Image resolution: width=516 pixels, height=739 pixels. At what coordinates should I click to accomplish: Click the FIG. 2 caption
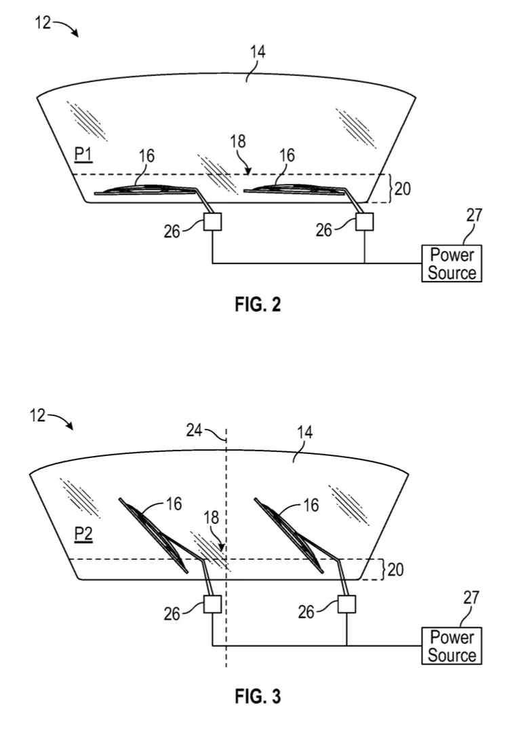[x=258, y=305]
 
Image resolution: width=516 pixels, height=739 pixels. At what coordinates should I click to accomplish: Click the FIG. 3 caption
[x=258, y=696]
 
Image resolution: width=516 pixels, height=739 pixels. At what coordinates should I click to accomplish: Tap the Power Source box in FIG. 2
[x=452, y=263]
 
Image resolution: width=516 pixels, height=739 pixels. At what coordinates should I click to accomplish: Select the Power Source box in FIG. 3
[x=452, y=646]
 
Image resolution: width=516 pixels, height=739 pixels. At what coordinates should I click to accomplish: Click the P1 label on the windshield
[x=83, y=154]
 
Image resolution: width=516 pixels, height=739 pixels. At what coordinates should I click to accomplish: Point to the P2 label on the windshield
[x=83, y=534]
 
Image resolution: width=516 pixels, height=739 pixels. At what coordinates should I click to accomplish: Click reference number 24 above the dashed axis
[x=194, y=430]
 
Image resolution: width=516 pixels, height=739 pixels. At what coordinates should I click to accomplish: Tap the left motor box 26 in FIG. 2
[x=212, y=221]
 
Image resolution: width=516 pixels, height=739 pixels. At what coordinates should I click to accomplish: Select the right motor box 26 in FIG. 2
[x=364, y=221]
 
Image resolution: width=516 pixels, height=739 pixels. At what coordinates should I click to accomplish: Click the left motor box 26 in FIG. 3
[x=212, y=604]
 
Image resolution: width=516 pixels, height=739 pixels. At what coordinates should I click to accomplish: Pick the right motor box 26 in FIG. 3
[x=346, y=604]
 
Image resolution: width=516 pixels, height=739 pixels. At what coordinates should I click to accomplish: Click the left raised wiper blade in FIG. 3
[x=153, y=535]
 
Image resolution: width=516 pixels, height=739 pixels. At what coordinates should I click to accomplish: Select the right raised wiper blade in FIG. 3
[x=289, y=535]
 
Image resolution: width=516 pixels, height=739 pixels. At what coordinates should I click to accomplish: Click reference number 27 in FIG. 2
[x=474, y=215]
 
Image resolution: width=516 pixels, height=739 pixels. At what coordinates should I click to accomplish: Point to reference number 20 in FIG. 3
[x=395, y=569]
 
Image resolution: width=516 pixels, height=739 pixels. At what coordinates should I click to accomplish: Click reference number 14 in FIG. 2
[x=258, y=52]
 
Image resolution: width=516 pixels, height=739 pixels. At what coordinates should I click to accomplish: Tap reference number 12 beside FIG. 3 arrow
[x=38, y=416]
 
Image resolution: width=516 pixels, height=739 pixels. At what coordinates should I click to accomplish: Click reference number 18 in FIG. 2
[x=238, y=141]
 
